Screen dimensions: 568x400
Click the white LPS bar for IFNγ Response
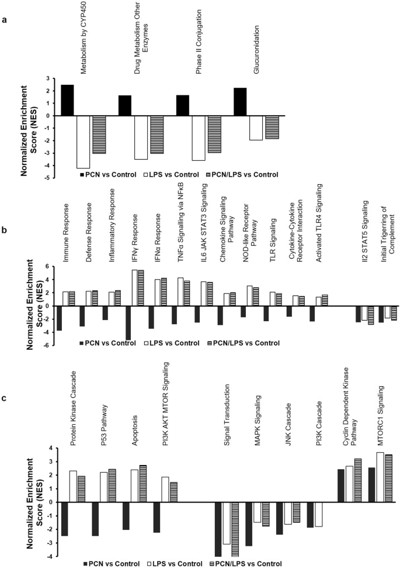(x=134, y=288)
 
